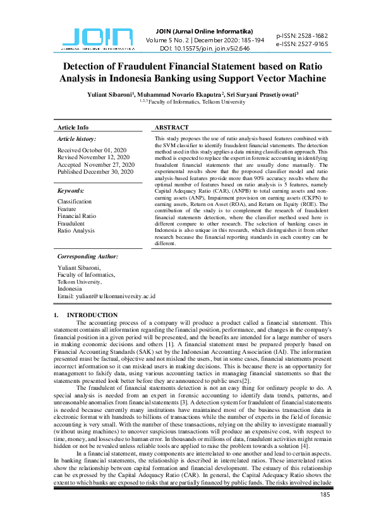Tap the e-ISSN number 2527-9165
click(302, 44)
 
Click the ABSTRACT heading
click(173, 128)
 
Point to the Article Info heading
click(73, 128)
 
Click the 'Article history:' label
click(76, 138)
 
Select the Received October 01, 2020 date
click(92, 150)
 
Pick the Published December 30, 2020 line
click(95, 172)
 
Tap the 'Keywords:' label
click(71, 190)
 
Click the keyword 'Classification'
click(75, 202)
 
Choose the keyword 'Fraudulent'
click(71, 223)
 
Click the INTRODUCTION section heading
click(92, 315)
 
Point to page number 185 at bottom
click(325, 494)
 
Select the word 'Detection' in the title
click(90, 66)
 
